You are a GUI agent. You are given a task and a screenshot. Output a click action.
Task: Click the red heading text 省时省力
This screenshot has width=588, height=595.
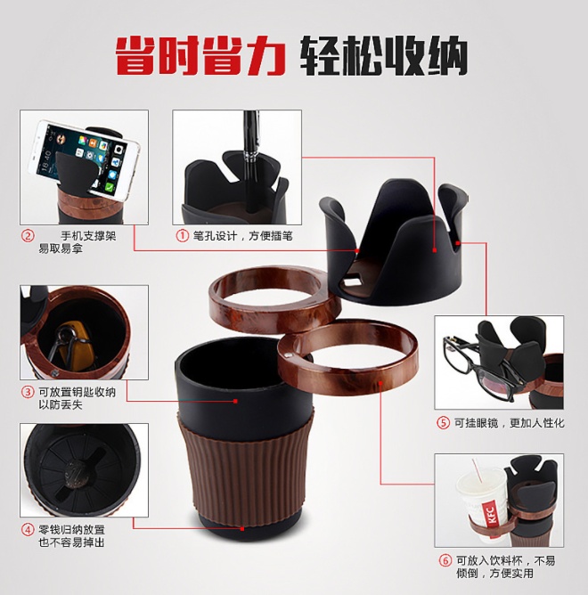tap(200, 56)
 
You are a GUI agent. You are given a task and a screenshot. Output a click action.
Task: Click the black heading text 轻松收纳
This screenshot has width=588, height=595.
tap(383, 56)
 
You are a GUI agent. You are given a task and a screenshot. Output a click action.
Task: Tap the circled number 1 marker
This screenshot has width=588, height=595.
tap(183, 236)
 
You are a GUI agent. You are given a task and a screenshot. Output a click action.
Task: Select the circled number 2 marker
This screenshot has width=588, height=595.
tap(28, 236)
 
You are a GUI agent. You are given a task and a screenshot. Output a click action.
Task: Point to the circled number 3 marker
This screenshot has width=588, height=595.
tap(28, 392)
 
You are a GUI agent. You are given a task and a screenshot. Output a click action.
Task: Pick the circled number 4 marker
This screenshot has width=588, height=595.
tap(28, 530)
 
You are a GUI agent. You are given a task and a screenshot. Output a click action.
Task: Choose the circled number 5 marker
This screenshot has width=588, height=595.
tap(444, 423)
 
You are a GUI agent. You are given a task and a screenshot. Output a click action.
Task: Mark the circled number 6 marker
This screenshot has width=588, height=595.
tap(445, 560)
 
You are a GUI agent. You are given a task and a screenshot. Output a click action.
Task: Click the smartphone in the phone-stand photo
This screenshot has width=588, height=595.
tap(84, 159)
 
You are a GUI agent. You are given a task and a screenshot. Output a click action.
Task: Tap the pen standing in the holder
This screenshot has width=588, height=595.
tap(249, 159)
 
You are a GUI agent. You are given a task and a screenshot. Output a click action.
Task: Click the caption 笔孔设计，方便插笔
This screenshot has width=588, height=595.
tap(243, 236)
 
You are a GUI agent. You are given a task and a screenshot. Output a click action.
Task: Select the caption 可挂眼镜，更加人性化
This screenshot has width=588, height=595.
tap(510, 423)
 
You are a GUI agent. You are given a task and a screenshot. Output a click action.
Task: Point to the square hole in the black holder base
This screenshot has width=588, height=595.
tap(354, 281)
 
